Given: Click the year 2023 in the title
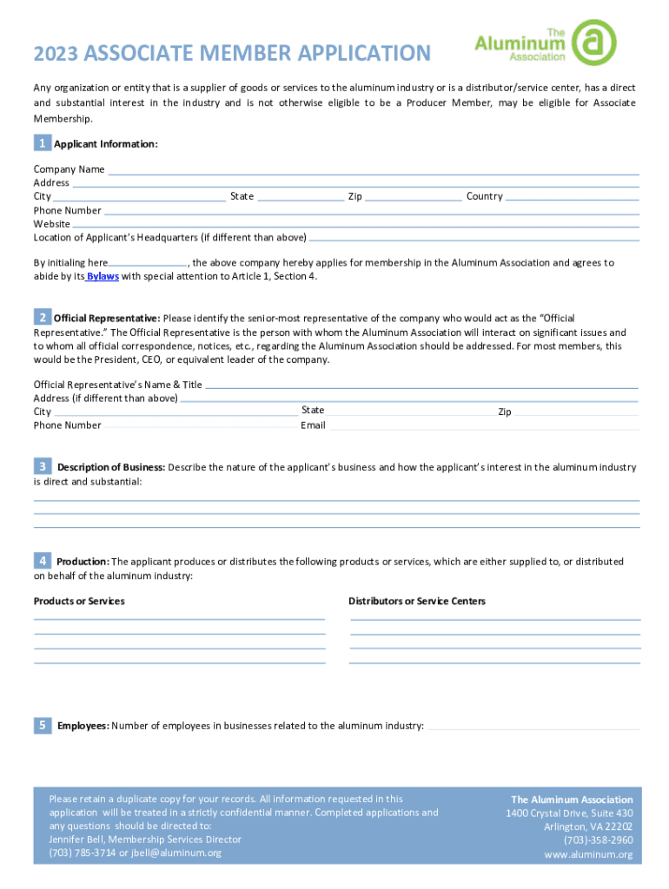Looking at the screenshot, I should tap(56, 54).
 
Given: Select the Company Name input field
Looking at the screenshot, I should tap(373, 169).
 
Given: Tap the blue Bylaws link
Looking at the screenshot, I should tap(103, 276).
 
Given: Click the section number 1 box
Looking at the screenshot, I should tap(41, 143).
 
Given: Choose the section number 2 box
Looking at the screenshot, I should tap(41, 318).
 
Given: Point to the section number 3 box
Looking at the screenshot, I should tap(41, 467).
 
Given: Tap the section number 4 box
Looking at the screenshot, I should tap(41, 561).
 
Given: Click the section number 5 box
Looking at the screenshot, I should tap(41, 725).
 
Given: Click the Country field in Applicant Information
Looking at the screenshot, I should tap(573, 196).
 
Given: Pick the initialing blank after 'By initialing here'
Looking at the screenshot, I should tap(148, 262).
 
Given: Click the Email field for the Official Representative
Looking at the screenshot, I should tap(484, 425).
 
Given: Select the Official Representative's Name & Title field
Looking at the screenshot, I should tap(421, 385).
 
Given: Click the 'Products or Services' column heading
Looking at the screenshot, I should tap(79, 601).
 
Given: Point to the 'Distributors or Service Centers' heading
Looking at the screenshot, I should tap(417, 601).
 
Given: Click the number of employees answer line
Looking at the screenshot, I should tap(533, 726).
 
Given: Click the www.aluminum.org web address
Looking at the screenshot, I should tap(589, 855).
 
